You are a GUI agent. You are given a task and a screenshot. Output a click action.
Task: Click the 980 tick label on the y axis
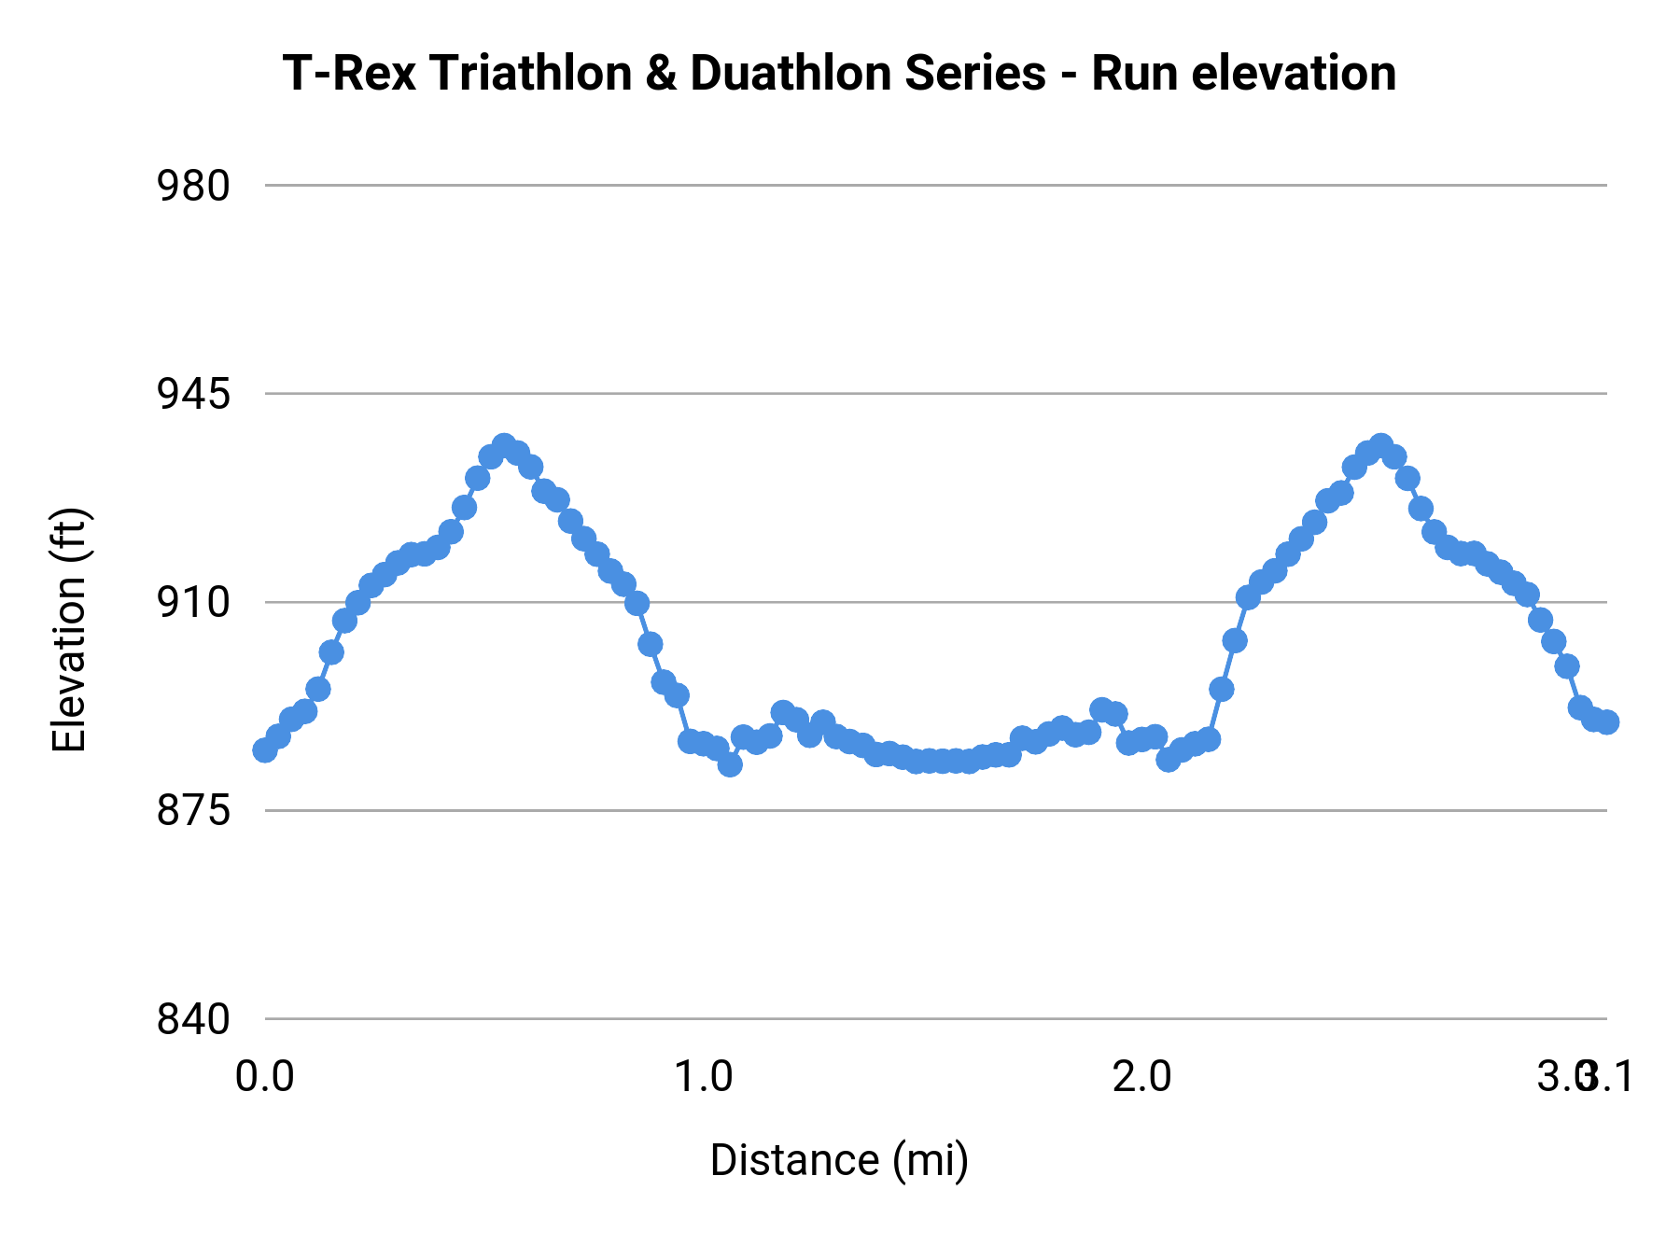pos(193,187)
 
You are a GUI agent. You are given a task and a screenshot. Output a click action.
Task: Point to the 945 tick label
pos(193,395)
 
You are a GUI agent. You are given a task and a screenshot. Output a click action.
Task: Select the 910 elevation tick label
pos(193,603)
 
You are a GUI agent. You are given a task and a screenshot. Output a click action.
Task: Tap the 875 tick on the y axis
pos(193,811)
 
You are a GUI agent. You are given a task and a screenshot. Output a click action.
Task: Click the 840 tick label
pos(193,1019)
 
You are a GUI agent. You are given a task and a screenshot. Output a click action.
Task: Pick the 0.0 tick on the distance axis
pos(265,1077)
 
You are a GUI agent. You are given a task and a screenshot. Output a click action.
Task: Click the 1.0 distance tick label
pos(704,1077)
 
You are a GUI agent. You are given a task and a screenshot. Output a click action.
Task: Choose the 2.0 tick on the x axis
pos(1142,1077)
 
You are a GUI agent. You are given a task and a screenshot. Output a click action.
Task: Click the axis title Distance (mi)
pos(839,1160)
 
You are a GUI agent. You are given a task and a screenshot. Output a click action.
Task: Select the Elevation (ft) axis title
pos(70,630)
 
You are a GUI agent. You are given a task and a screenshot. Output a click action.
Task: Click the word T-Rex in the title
pos(349,74)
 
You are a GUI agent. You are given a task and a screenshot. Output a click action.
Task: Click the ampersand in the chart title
pos(661,74)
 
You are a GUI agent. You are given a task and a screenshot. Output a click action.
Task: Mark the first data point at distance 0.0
pos(265,750)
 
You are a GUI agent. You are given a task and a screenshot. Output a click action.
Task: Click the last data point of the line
pos(1607,722)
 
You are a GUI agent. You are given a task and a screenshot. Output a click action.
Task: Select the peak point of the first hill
pos(504,445)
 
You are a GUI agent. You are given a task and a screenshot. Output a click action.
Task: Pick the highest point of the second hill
pos(1381,445)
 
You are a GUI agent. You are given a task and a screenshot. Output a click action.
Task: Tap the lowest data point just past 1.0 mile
pos(730,764)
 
